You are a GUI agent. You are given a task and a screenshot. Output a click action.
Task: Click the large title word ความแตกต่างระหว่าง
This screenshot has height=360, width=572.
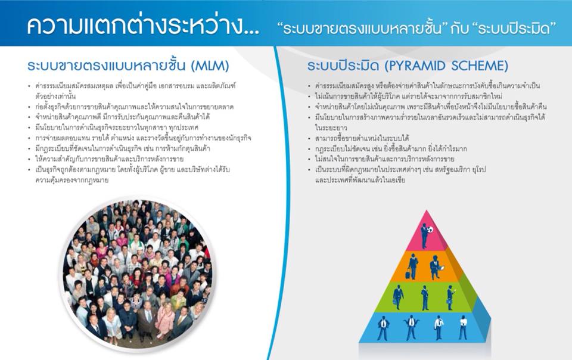(x=142, y=26)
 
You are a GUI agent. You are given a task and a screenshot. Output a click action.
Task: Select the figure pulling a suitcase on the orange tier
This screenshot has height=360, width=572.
(x=412, y=266)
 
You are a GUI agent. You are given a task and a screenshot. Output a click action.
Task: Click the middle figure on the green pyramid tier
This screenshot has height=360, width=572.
(x=425, y=297)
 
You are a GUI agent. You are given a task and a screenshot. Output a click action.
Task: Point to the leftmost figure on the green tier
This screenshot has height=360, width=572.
(x=398, y=297)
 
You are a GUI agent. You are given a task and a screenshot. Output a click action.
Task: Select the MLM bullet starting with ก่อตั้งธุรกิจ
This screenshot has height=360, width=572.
(x=134, y=107)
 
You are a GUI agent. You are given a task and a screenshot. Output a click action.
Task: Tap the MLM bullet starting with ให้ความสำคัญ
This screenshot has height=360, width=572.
(x=109, y=159)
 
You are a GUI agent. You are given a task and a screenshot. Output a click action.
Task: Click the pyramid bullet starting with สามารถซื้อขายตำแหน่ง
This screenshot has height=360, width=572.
(x=362, y=138)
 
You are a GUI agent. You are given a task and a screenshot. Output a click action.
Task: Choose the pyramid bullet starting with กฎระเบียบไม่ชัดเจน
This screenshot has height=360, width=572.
(x=391, y=149)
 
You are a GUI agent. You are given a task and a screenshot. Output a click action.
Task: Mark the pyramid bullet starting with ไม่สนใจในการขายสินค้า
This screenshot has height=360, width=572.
(x=384, y=159)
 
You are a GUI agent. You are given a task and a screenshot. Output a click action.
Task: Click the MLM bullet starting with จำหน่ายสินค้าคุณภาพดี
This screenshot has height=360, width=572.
(x=122, y=117)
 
